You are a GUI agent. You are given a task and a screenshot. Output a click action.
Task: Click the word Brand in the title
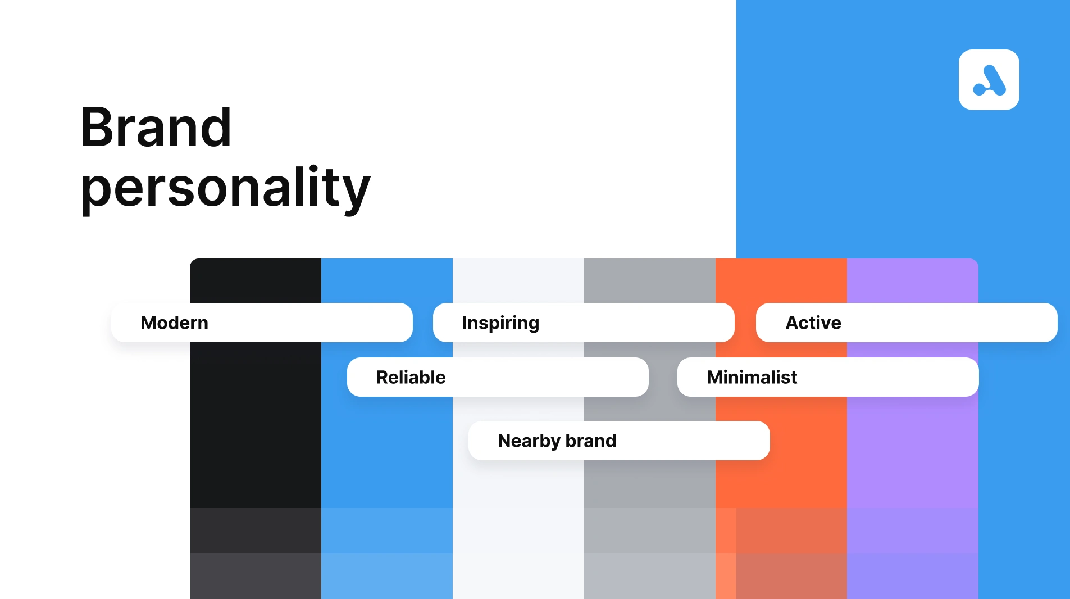point(156,128)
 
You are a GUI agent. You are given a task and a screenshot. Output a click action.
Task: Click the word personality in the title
point(225,188)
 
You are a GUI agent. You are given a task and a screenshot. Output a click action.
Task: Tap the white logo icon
point(989,80)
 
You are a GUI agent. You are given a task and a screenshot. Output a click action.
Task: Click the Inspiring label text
point(500,323)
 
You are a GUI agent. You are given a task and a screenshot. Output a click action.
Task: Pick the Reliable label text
point(411,377)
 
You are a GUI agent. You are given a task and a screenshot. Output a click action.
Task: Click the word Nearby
point(529,441)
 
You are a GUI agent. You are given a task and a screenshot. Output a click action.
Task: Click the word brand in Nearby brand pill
point(591,441)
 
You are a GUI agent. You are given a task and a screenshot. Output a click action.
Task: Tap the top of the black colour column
point(256,280)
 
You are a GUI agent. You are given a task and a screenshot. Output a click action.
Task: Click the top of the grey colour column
point(650,280)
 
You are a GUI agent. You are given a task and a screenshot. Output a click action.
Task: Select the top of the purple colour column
point(913,280)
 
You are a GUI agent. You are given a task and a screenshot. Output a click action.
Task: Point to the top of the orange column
point(781,280)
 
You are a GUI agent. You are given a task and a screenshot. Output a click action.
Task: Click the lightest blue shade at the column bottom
point(387,576)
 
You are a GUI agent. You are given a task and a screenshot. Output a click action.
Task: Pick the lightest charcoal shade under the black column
point(256,576)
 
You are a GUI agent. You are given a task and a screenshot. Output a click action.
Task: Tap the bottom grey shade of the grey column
point(650,576)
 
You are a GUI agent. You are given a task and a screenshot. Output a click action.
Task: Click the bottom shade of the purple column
point(913,576)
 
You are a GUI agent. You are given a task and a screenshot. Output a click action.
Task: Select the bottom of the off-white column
point(518,576)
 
